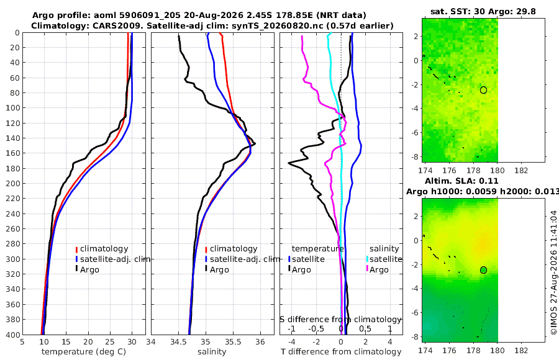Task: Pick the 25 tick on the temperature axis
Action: click(x=110, y=342)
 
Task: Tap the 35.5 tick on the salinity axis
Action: click(x=233, y=342)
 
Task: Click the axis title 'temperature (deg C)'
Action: click(x=84, y=352)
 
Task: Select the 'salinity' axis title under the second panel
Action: click(x=212, y=352)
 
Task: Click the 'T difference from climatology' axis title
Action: click(x=341, y=352)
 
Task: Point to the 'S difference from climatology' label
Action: click(x=340, y=320)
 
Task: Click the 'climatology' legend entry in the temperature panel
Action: click(x=104, y=249)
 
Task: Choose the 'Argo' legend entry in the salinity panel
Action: click(x=219, y=269)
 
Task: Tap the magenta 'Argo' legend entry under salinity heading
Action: click(x=379, y=269)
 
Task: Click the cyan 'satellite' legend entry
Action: click(x=386, y=259)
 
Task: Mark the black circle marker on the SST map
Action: click(x=483, y=90)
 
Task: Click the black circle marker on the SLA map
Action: click(x=483, y=270)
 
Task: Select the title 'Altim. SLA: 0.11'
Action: click(x=461, y=181)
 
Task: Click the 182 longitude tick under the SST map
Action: click(x=521, y=171)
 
